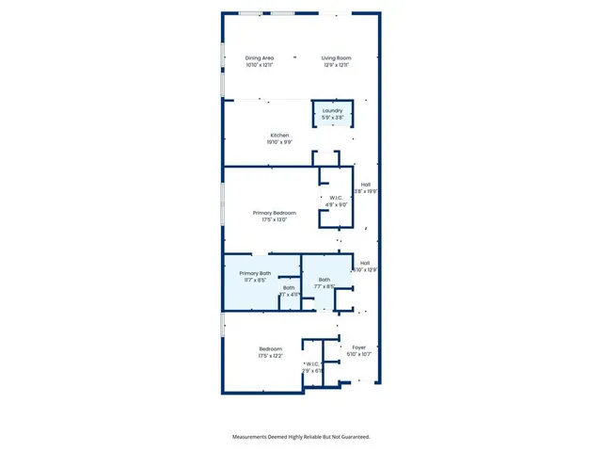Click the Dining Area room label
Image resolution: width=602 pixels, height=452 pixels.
coord(260,57)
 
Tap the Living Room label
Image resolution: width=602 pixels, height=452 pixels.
coord(336,57)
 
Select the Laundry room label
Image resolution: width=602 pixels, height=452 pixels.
coord(332,111)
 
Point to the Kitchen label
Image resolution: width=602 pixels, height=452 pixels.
coord(279,136)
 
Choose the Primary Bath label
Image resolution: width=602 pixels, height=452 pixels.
coord(254,273)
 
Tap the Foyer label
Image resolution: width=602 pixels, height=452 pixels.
coord(358,347)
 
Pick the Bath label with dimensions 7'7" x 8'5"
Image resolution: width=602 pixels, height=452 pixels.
coord(325,279)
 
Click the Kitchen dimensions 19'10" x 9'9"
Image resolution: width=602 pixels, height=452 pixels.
coord(279,142)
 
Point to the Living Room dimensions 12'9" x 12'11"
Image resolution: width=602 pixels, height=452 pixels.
coord(336,65)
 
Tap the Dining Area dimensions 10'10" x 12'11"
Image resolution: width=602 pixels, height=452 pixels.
coord(260,65)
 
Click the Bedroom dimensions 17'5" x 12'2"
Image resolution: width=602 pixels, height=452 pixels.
coord(270,356)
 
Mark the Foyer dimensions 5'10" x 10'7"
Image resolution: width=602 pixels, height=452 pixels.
coord(358,355)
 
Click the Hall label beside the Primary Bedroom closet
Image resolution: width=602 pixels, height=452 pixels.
coord(365,185)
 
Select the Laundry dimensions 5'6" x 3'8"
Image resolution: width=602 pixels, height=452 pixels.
coord(332,118)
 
